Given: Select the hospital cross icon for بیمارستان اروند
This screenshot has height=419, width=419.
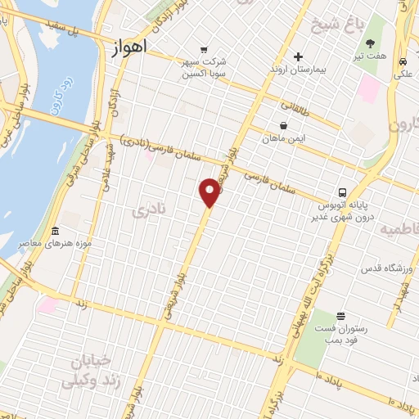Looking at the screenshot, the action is point(299,57).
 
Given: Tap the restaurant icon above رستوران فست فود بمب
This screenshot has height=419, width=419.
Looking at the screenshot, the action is point(341,316).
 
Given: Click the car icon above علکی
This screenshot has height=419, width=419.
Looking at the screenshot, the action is point(403,61).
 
